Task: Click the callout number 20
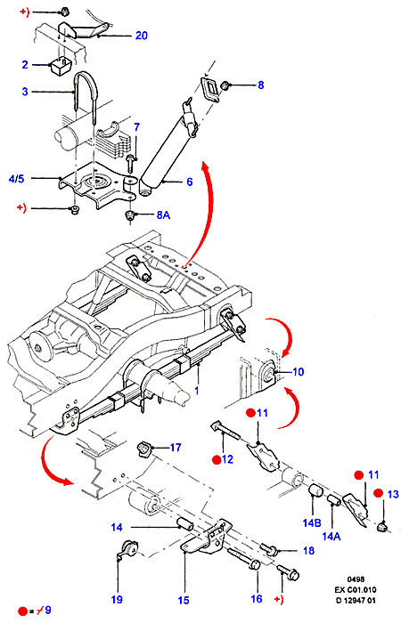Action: [141, 36]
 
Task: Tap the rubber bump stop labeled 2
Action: [60, 66]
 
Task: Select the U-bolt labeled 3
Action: [85, 95]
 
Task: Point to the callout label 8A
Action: [163, 215]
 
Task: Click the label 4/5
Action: [16, 179]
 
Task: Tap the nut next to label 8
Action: [225, 85]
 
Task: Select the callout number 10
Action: [298, 372]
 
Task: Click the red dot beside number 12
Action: [217, 460]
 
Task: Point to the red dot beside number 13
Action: [379, 493]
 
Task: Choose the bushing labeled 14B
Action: [315, 490]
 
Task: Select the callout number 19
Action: [117, 599]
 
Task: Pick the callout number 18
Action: [308, 551]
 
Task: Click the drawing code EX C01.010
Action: [356, 589]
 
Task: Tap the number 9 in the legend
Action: [48, 610]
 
